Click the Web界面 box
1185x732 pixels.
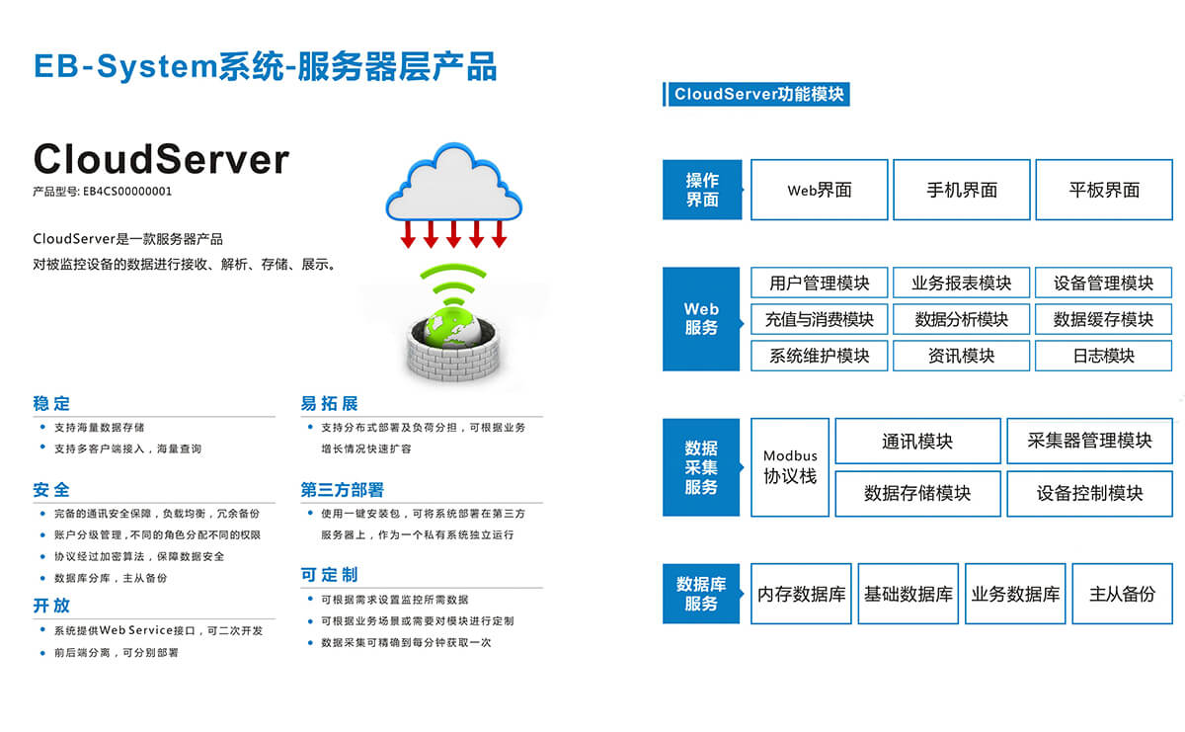click(x=819, y=190)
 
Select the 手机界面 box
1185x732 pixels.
click(x=961, y=190)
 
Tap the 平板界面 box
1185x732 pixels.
click(x=1103, y=190)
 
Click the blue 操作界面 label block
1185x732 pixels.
click(x=702, y=190)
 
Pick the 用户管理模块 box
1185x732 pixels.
click(x=819, y=283)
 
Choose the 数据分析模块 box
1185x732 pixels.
click(x=961, y=319)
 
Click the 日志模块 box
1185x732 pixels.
click(x=1103, y=356)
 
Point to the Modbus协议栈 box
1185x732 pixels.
click(x=790, y=466)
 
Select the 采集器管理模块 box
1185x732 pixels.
click(x=1089, y=441)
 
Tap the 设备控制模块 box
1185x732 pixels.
click(x=1089, y=493)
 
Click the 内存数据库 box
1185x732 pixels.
click(x=801, y=594)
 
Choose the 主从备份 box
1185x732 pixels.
click(x=1122, y=594)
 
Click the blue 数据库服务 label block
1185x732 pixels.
click(x=701, y=594)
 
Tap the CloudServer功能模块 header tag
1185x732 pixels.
click(x=757, y=95)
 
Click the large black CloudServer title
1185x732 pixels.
click(x=161, y=159)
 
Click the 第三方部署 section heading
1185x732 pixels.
click(x=342, y=490)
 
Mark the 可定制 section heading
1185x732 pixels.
click(x=329, y=575)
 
